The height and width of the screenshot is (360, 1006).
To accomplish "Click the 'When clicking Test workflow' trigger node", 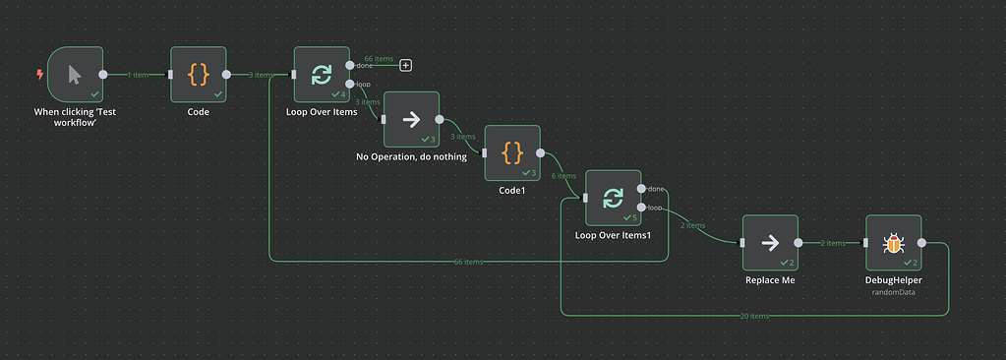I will pyautogui.click(x=75, y=74).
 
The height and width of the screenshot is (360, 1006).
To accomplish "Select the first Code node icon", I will pyautogui.click(x=199, y=74).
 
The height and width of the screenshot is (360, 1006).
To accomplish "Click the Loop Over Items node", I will pyautogui.click(x=322, y=74).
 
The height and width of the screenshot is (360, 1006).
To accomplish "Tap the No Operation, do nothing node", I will pyautogui.click(x=411, y=120).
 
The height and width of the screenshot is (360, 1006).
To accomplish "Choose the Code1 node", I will pyautogui.click(x=512, y=152).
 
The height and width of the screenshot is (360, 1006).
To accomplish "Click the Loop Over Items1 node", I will pyautogui.click(x=613, y=198).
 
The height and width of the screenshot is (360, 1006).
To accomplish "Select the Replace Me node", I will pyautogui.click(x=770, y=243).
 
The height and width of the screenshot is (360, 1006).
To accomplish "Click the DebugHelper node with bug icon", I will pyautogui.click(x=893, y=243).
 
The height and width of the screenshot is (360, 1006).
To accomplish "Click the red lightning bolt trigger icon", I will pyautogui.click(x=39, y=74).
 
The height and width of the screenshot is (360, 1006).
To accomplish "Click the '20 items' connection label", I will pyautogui.click(x=754, y=316).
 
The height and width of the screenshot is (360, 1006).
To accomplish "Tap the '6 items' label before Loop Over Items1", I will pyautogui.click(x=565, y=176).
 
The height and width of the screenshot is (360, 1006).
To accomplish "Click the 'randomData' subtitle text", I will pyautogui.click(x=893, y=292).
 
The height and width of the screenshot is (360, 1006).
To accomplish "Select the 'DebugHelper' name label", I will pyautogui.click(x=893, y=280).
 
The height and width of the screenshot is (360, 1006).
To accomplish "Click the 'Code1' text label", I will pyautogui.click(x=512, y=190).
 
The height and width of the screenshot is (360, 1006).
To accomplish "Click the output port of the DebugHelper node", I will pyautogui.click(x=921, y=243).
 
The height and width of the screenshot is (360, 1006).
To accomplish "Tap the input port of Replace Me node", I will pyautogui.click(x=742, y=243).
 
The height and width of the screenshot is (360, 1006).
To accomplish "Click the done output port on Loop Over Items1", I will pyautogui.click(x=641, y=188).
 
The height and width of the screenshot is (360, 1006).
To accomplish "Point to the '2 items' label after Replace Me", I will pyautogui.click(x=833, y=243).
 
